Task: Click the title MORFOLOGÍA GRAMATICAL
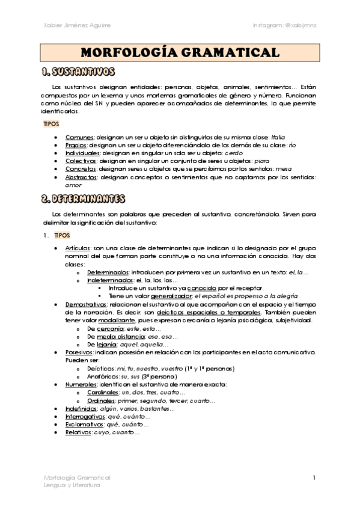click(x=180, y=52)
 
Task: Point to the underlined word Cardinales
click(x=103, y=392)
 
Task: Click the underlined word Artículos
click(x=79, y=248)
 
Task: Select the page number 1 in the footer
click(x=314, y=478)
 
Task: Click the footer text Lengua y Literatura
click(x=73, y=485)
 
